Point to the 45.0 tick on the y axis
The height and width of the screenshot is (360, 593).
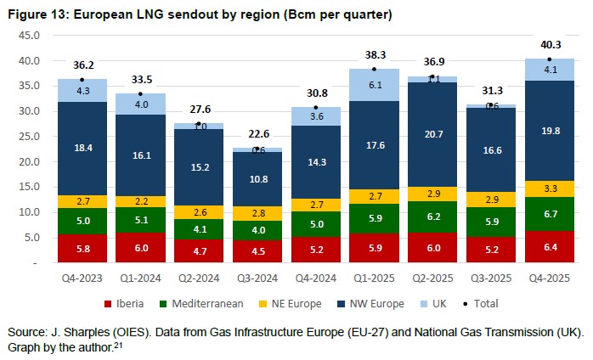click(x=29, y=36)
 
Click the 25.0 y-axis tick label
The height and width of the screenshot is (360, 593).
click(x=29, y=137)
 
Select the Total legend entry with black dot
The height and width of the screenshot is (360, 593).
click(x=474, y=302)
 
